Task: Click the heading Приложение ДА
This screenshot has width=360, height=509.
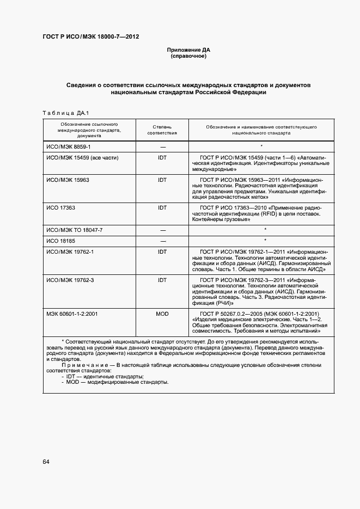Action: click(x=188, y=50)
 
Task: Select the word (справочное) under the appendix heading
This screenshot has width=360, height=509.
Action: click(x=188, y=56)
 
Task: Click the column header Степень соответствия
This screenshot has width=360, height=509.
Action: click(x=162, y=129)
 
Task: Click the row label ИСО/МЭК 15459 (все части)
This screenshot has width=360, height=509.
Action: click(x=82, y=158)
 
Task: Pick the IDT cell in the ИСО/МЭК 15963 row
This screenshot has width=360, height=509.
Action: click(x=162, y=180)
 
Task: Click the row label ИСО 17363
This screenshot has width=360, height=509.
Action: click(x=60, y=208)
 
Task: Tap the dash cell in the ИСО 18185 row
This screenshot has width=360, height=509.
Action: click(x=162, y=241)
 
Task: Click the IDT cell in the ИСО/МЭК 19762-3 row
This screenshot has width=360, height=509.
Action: click(x=162, y=280)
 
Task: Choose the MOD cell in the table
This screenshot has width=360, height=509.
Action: click(x=162, y=314)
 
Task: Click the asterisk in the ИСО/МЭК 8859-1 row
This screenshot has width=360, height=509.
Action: click(x=262, y=146)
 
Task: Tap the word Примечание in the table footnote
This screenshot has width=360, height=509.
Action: click(x=81, y=365)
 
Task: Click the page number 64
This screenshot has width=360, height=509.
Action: click(x=46, y=462)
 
